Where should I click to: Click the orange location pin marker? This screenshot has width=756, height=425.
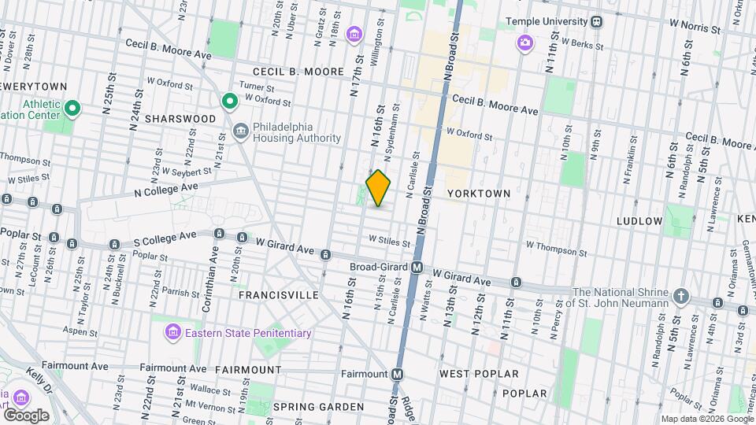pos(378,188)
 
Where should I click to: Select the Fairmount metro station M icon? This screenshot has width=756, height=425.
pos(398,374)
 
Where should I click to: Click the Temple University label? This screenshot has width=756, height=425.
pos(547,21)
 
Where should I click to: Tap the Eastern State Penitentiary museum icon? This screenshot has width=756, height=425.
pos(171,334)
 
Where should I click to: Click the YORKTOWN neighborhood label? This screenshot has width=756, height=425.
pos(479,193)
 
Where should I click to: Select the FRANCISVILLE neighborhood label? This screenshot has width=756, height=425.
pos(280,295)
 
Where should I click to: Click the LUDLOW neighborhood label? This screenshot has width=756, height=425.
pos(639,221)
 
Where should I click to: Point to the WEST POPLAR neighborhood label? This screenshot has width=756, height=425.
pos(479,374)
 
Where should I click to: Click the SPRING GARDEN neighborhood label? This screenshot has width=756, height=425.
pos(318,407)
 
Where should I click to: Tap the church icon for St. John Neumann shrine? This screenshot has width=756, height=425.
pos(681,297)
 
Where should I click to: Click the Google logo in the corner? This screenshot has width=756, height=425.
pos(26,415)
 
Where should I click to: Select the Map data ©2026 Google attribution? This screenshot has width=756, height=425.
pos(706,419)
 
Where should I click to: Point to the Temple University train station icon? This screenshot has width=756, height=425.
pos(597,21)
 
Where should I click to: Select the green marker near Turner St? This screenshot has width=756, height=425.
pos(229,101)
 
